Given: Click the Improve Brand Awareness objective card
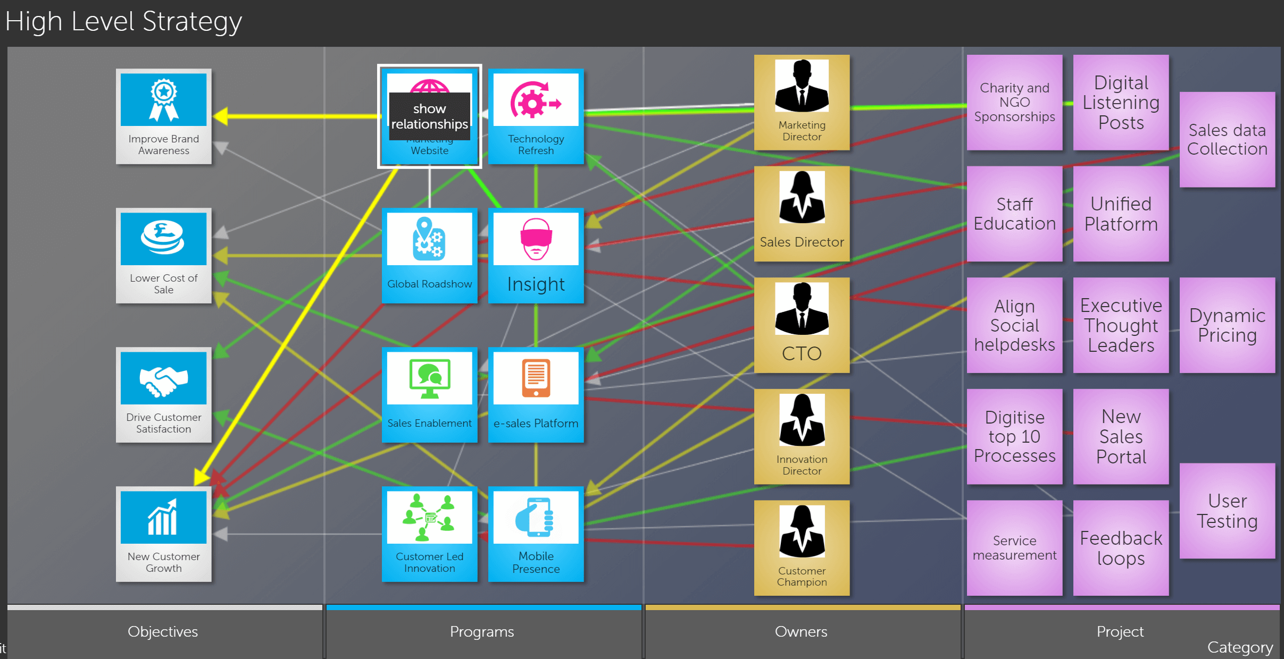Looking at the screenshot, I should tap(163, 116).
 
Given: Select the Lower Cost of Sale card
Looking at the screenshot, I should tap(163, 255).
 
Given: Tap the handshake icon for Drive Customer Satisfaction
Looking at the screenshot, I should tap(163, 379).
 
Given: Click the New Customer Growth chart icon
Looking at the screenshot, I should tap(163, 517).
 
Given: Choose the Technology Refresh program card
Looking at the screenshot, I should tap(536, 116).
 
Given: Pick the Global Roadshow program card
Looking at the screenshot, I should tap(429, 255).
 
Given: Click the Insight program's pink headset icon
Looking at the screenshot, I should tap(536, 239).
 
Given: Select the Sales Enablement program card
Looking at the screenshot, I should tap(429, 394).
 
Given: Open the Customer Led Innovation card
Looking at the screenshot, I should tap(429, 534).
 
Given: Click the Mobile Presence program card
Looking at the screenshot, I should tap(536, 534).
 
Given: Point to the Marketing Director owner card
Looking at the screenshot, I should tap(802, 102).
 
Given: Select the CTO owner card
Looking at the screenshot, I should tap(802, 325).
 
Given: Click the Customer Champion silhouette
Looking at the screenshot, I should tap(802, 531).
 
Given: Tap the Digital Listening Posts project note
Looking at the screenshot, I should tap(1121, 102).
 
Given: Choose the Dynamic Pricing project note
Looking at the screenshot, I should tap(1227, 325).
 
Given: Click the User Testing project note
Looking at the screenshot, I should tap(1227, 511).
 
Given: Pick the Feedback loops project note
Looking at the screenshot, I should tap(1121, 547).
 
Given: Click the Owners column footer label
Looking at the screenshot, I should tap(801, 631).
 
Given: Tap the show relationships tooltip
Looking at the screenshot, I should tap(429, 116).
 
